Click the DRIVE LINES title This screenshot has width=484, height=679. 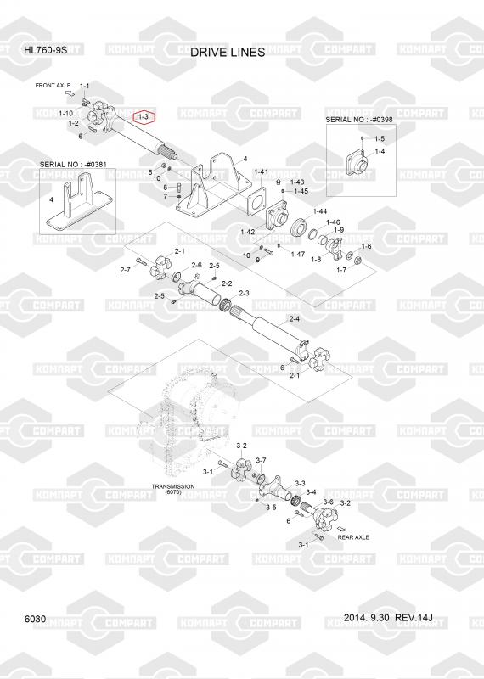tap(228, 52)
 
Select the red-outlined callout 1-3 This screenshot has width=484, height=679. tap(144, 117)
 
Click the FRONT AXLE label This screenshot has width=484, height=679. tap(53, 86)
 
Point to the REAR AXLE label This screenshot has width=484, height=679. tap(353, 537)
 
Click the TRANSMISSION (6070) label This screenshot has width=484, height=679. tap(173, 490)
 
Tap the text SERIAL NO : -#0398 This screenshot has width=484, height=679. tap(360, 120)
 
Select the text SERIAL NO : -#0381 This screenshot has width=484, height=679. tap(73, 165)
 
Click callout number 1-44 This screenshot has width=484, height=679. tap(320, 211)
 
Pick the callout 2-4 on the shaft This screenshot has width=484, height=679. tap(294, 319)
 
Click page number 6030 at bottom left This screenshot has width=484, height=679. tap(35, 619)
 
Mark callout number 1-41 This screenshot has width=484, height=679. tap(262, 172)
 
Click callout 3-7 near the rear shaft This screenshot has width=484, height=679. tap(261, 460)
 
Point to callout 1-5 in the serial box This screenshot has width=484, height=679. tap(380, 138)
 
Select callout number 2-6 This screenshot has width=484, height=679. tap(196, 265)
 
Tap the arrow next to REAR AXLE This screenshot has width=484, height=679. tap(341, 529)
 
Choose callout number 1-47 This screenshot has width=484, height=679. tap(298, 254)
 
